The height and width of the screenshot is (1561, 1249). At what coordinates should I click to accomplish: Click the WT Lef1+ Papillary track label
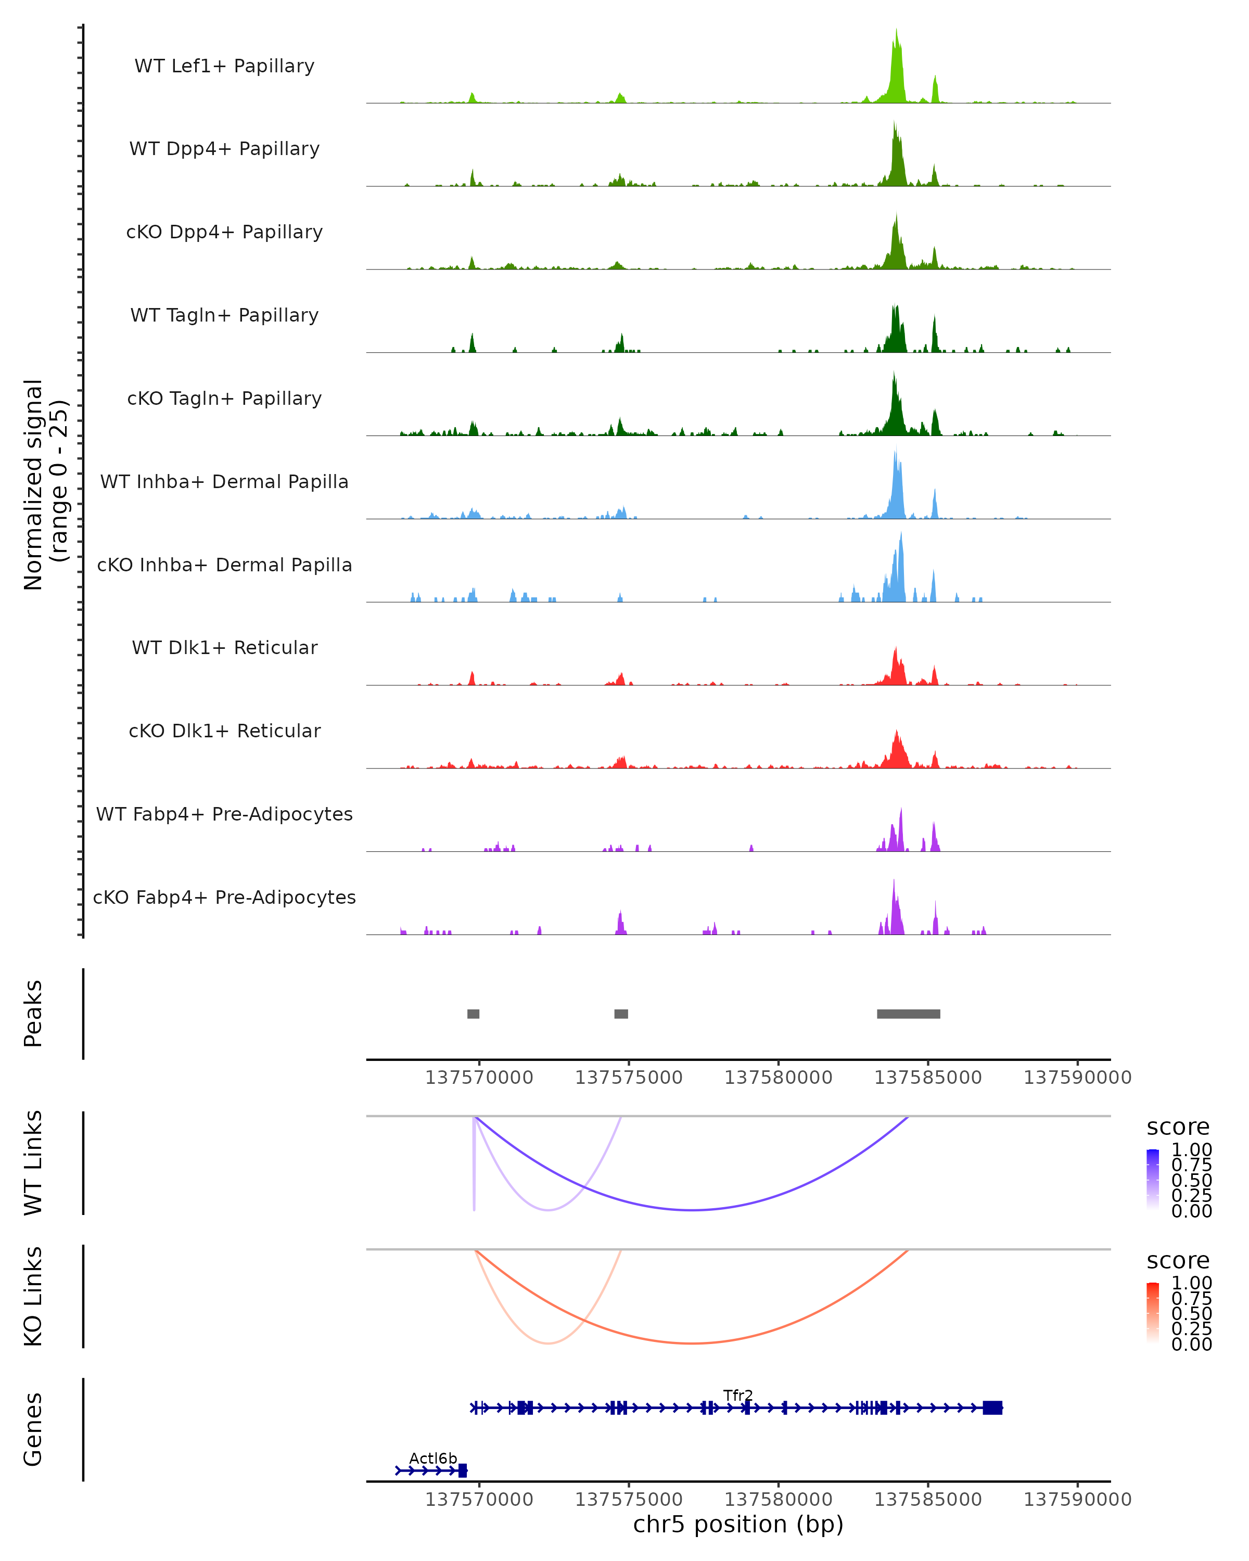(x=224, y=67)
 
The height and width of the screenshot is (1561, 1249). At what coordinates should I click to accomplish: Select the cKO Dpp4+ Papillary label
(x=224, y=233)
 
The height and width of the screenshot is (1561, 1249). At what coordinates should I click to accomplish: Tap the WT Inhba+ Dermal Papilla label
(x=224, y=482)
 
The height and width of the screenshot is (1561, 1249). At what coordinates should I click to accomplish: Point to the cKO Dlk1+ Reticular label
(x=224, y=731)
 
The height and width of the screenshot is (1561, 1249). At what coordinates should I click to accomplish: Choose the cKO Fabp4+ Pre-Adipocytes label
(x=224, y=898)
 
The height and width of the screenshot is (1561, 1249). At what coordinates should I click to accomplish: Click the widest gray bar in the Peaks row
(x=908, y=1014)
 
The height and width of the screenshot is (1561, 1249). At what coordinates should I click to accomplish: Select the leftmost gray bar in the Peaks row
(x=473, y=1014)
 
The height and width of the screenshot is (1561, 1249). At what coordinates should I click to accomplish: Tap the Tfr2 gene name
(x=738, y=1395)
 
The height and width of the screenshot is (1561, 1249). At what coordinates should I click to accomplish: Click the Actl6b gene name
(x=433, y=1458)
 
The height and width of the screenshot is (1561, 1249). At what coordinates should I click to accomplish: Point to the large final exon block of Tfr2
(x=992, y=1408)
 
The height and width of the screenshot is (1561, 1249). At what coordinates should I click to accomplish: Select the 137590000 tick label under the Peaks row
(x=1077, y=1078)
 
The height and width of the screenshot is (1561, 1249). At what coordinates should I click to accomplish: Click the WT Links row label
(x=33, y=1163)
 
